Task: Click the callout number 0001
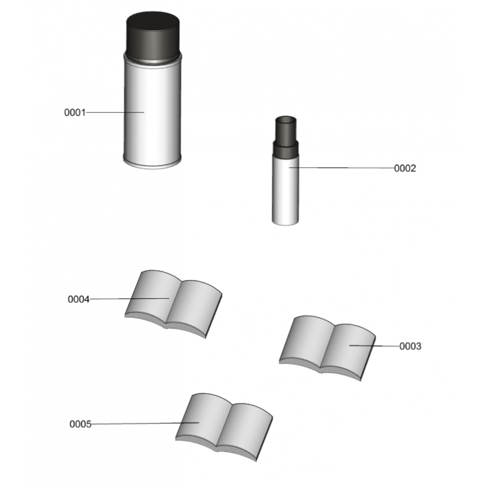coord(74,112)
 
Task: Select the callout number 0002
coord(405,168)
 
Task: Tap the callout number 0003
coord(410,346)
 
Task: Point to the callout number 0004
coord(79,300)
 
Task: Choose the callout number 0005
coord(81,424)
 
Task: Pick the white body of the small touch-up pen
coord(285,190)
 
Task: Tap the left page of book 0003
coord(307,341)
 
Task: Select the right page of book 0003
coord(348,350)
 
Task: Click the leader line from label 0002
coord(342,168)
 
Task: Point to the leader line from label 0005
coord(145,423)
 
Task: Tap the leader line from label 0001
coord(115,112)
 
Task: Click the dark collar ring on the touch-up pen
coord(285,149)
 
